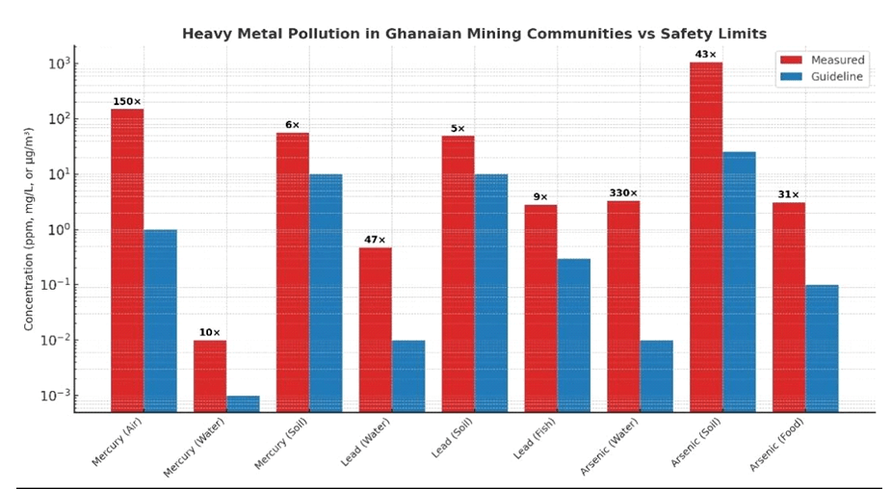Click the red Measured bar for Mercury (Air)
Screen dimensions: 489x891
click(127, 260)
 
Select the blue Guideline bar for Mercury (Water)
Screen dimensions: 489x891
click(243, 403)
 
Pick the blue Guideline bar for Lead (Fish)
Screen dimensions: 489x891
click(573, 335)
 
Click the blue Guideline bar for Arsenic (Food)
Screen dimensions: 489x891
click(822, 347)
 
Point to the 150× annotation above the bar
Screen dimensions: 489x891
click(127, 101)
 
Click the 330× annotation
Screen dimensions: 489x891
click(623, 193)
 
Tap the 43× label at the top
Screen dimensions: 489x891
click(705, 55)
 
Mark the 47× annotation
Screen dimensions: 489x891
click(375, 240)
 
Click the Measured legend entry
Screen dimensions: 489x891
click(819, 60)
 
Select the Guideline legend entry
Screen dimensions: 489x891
click(819, 78)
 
